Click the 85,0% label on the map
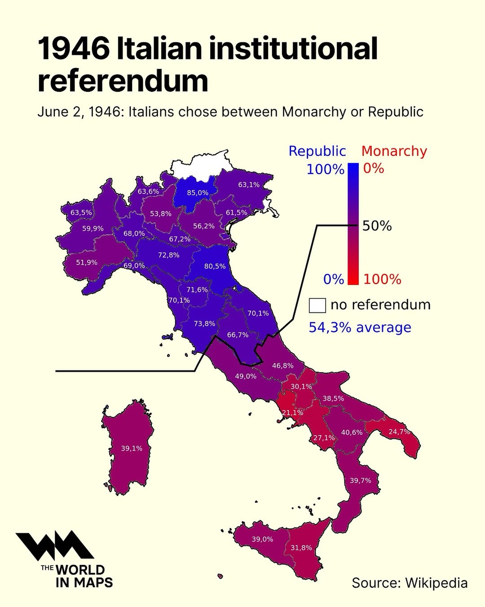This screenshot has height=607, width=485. pyautogui.click(x=198, y=193)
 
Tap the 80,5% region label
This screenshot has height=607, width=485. pyautogui.click(x=215, y=266)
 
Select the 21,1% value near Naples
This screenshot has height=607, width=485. pyautogui.click(x=292, y=412)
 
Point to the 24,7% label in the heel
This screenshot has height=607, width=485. pyautogui.click(x=399, y=432)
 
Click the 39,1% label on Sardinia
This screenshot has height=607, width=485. pyautogui.click(x=132, y=448)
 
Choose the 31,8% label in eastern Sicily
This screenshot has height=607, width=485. pyautogui.click(x=301, y=548)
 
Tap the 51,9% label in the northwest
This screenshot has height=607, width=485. pyautogui.click(x=87, y=262)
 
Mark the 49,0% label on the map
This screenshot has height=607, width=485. pyautogui.click(x=246, y=376)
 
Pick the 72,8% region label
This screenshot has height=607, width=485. pyautogui.click(x=168, y=255)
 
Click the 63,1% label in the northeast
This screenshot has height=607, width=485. pyautogui.click(x=249, y=185)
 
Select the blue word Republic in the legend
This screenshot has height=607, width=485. pyautogui.click(x=317, y=151)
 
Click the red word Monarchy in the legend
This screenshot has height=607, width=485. pyautogui.click(x=394, y=151)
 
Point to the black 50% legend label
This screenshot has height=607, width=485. pyautogui.click(x=377, y=226)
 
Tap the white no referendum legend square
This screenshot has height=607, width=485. pyautogui.click(x=317, y=305)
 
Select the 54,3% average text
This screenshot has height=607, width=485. pyautogui.click(x=360, y=327)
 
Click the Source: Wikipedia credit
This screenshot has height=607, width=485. pyautogui.click(x=409, y=583)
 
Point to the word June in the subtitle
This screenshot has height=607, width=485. pyautogui.click(x=52, y=112)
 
